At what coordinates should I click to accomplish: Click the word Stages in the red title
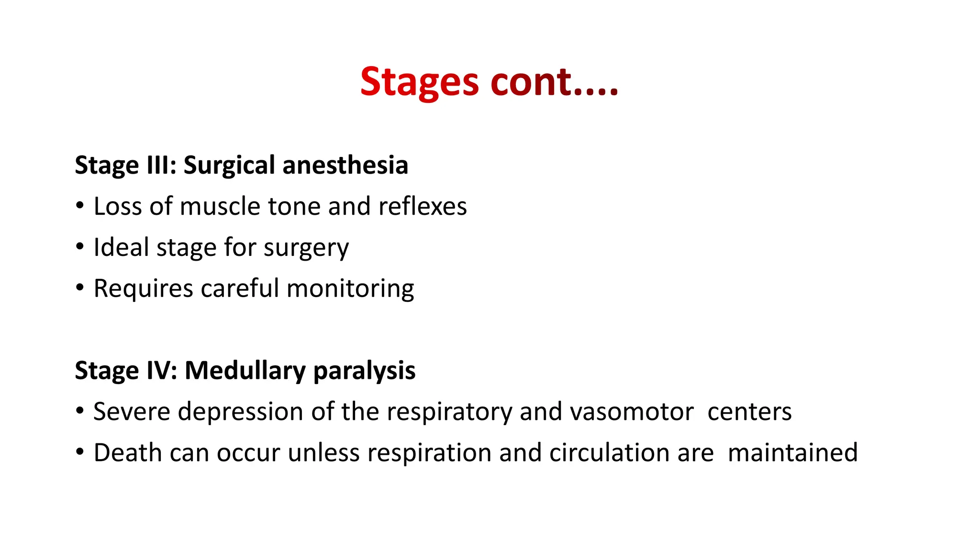[x=419, y=82]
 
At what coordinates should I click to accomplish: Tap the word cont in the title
[x=531, y=82]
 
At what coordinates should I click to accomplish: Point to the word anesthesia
[x=345, y=165]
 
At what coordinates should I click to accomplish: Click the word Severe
[x=132, y=412]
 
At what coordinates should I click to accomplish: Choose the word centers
[x=749, y=412]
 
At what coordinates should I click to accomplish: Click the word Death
[x=128, y=452]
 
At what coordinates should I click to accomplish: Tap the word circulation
[x=608, y=452]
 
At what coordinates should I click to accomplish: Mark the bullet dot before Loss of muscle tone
[x=80, y=206]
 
